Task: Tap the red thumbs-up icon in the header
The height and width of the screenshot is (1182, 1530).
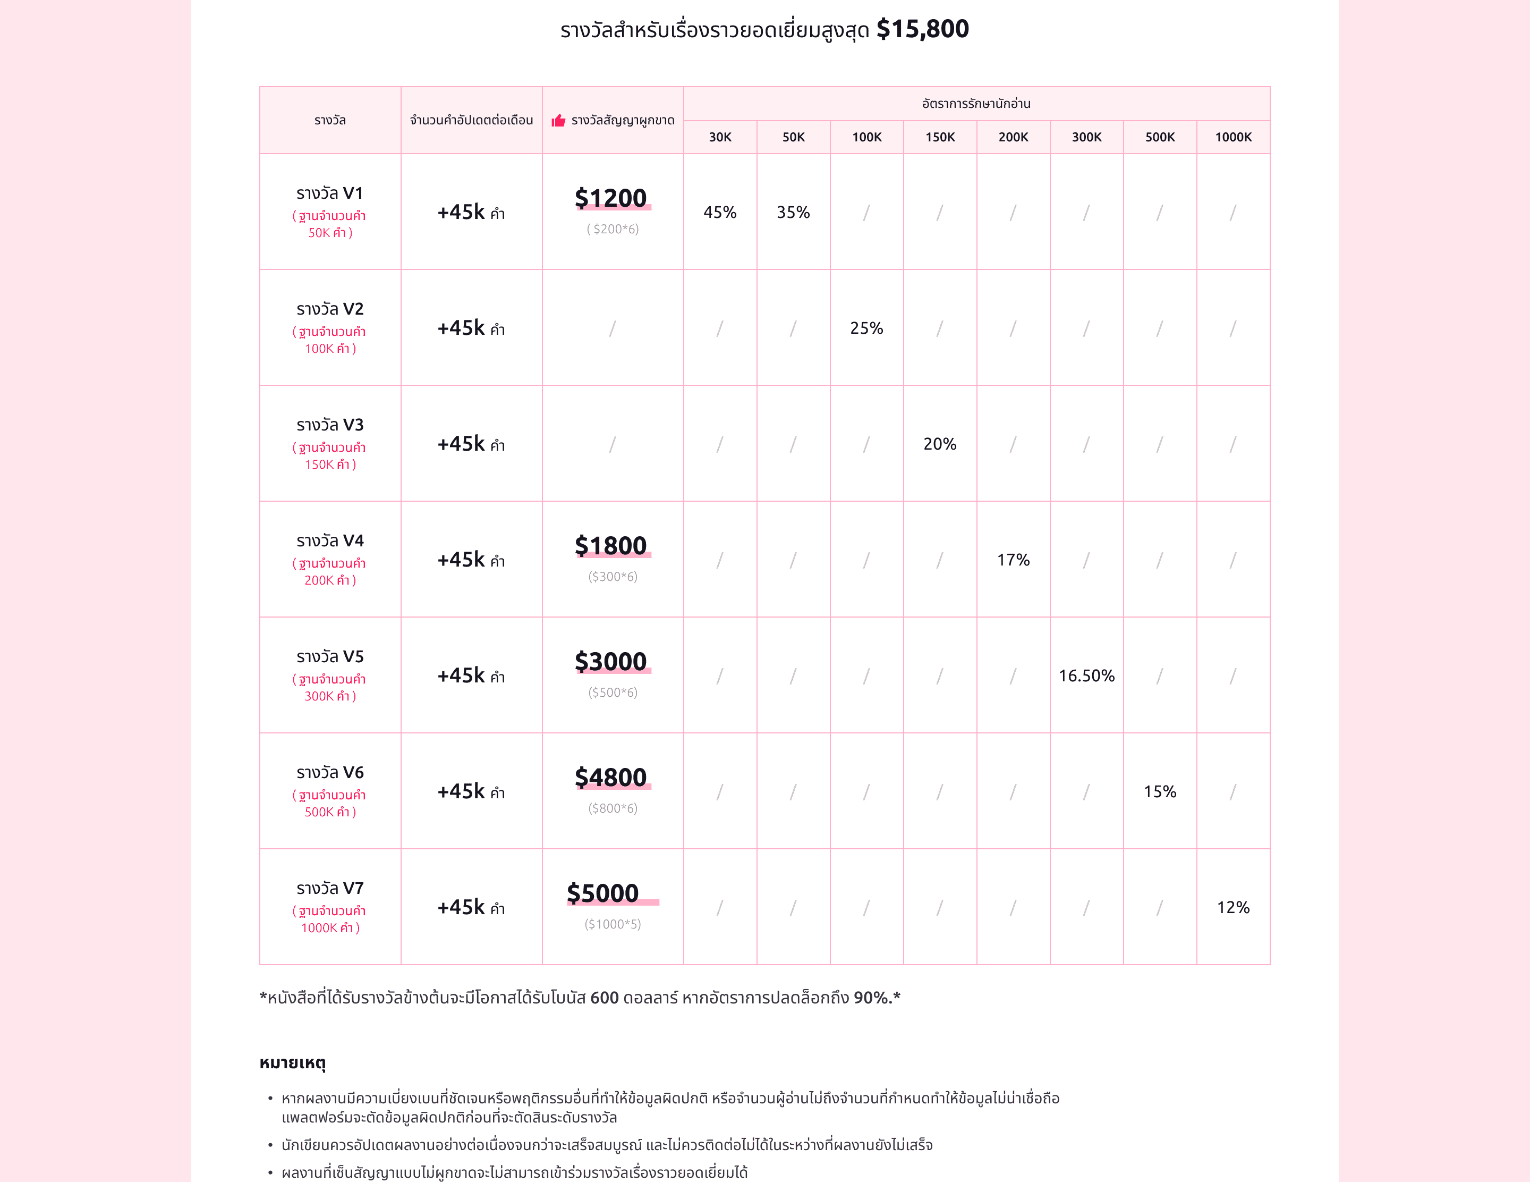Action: tap(558, 121)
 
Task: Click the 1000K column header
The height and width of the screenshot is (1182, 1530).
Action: tap(1232, 137)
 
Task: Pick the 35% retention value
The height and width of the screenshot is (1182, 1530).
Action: tap(793, 212)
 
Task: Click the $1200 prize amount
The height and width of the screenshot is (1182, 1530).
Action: tap(611, 198)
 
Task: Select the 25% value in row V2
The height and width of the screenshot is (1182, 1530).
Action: tap(866, 328)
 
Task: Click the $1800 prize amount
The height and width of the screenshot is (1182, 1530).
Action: tap(611, 546)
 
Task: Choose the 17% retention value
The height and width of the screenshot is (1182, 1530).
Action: tap(1013, 560)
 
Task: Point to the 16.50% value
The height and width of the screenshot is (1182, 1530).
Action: tap(1086, 676)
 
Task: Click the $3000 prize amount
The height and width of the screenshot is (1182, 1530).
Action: tap(611, 661)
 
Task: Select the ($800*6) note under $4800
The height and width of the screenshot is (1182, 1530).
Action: tap(613, 808)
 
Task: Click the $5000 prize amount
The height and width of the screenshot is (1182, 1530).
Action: tap(603, 893)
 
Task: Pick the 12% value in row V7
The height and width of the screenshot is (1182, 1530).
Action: tap(1232, 907)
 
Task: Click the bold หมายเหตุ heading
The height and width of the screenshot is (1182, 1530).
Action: tap(292, 1063)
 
